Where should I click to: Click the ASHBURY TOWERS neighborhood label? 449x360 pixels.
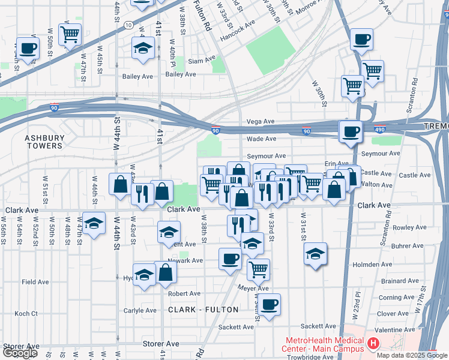tap(44, 142)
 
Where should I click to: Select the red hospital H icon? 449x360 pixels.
tap(373, 344)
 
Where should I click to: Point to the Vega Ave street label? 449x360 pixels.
tap(261, 121)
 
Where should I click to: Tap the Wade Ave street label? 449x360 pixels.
tap(261, 139)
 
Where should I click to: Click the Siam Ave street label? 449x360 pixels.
tap(201, 61)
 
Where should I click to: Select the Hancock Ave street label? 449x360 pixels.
tap(241, 22)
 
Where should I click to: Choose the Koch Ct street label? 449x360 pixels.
tap(26, 313)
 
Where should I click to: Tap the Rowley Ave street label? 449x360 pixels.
tap(409, 227)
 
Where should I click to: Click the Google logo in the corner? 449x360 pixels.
tap(20, 353)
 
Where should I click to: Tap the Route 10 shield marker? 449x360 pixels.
tap(129, 25)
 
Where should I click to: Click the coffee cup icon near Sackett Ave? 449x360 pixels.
tap(270, 304)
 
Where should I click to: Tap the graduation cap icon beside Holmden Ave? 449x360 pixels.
tap(315, 253)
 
